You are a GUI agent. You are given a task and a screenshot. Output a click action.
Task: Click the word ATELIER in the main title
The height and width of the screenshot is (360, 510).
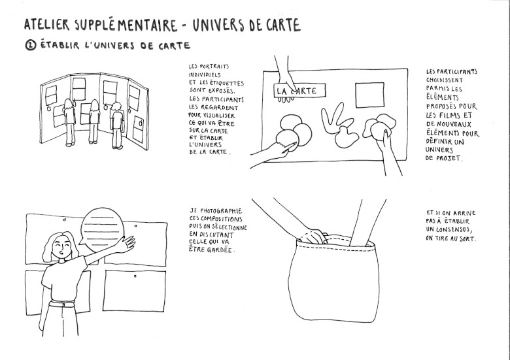(x=47, y=25)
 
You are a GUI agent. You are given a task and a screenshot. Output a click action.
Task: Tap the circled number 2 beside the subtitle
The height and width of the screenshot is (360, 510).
(x=31, y=45)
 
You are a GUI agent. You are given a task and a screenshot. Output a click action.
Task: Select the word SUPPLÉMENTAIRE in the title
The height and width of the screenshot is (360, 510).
(x=126, y=25)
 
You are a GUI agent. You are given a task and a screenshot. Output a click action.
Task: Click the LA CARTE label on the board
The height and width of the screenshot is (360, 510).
(x=299, y=90)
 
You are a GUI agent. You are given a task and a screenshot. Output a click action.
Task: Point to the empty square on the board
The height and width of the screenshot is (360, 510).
(x=369, y=95)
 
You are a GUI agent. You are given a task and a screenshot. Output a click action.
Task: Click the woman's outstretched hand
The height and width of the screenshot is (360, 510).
(x=126, y=243)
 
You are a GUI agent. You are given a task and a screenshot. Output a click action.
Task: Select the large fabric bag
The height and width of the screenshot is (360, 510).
(x=333, y=279)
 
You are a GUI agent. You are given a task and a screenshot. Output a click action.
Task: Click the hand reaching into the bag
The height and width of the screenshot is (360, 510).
(x=313, y=237)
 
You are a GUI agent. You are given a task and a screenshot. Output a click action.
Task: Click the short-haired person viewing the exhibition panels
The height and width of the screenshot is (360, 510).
(x=117, y=125)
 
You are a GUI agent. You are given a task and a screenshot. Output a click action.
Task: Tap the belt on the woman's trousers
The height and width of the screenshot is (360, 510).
(x=62, y=304)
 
